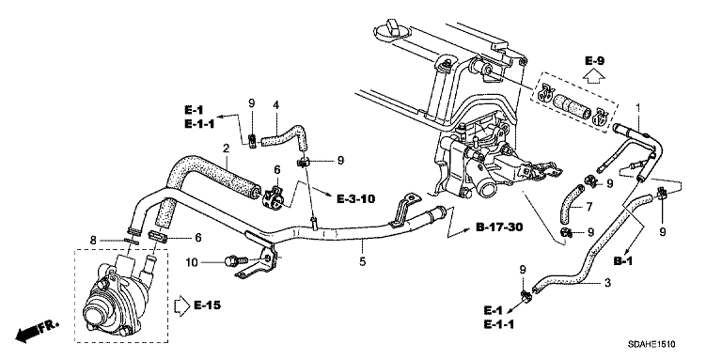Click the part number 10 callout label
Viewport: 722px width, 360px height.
coord(193,262)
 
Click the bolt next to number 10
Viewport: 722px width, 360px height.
coord(235,261)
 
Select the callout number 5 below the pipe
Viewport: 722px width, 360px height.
coord(363,261)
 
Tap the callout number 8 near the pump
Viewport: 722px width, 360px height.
coord(92,240)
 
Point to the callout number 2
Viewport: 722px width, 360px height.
coord(226,149)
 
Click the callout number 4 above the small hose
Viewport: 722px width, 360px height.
coord(276,105)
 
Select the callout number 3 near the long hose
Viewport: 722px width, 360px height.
coord(607,283)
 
